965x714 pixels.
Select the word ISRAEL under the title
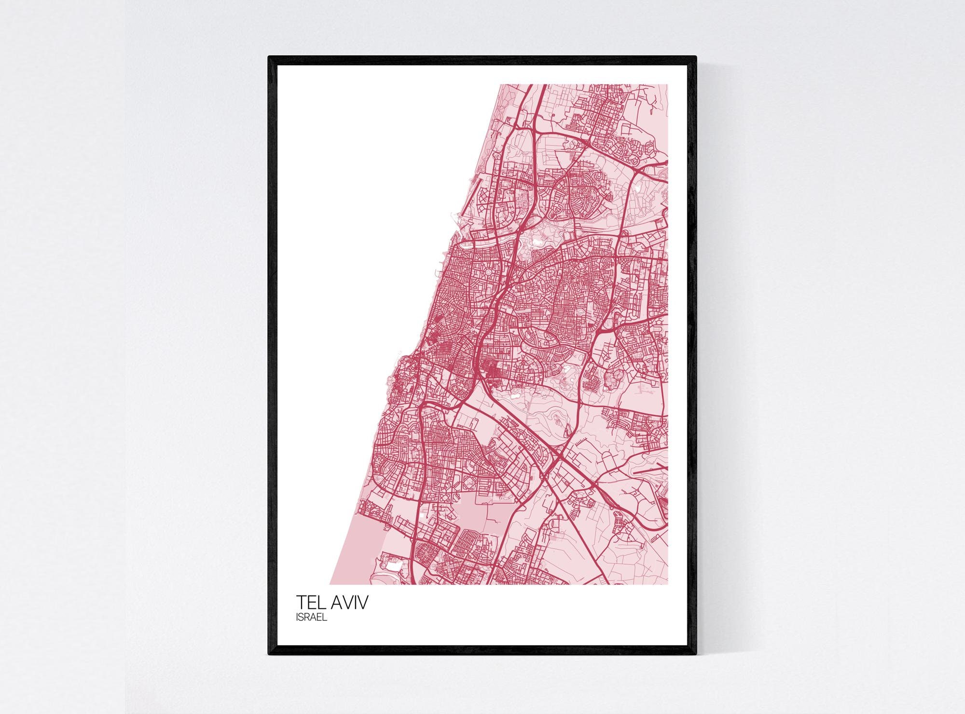click(311, 619)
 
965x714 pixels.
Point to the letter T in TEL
click(300, 603)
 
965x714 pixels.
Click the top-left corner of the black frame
click(269, 57)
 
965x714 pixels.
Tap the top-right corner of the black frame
click(696, 57)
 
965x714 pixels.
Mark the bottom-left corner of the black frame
click(269, 654)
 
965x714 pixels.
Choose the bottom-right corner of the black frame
click(696, 654)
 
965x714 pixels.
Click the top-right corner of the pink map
click(668, 85)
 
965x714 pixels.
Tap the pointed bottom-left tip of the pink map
click(331, 584)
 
